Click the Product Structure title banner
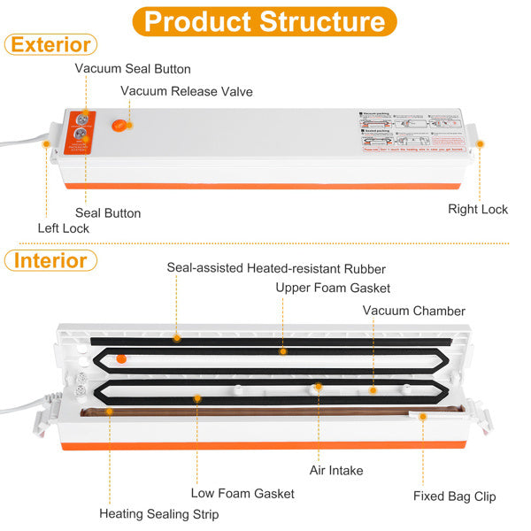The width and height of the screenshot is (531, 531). coord(265,21)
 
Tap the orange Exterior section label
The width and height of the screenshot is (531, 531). coord(50,44)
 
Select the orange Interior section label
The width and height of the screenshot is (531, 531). coord(50,260)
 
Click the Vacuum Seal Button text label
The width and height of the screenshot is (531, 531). coord(133,68)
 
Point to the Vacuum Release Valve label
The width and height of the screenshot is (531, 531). coord(187,90)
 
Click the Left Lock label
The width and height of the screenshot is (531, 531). coord(64,227)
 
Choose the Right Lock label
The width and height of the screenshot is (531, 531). coord(478,209)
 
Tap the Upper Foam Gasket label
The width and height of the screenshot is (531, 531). coord(333,288)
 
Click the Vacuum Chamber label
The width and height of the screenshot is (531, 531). coord(414,311)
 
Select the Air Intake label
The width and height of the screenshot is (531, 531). coord(336,471)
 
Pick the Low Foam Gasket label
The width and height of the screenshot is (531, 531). coord(242,493)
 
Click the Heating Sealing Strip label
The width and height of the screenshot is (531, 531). coord(158,513)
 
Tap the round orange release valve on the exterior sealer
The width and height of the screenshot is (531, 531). coord(120,125)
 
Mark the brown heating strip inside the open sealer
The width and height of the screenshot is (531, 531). coord(265,412)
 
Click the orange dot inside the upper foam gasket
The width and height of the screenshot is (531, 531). coord(121,358)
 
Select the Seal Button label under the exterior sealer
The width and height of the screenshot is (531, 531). coord(108,212)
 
